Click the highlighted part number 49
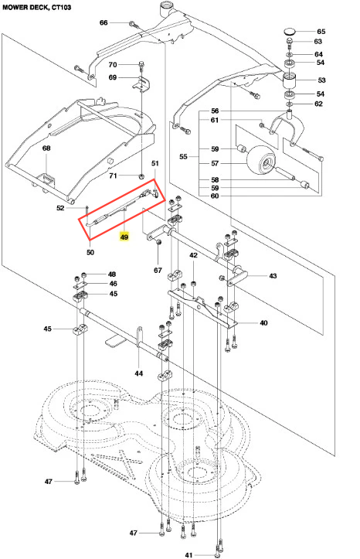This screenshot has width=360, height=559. coord(124,237)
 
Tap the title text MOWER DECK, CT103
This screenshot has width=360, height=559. coord(37,7)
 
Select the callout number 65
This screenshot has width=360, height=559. coord(321,32)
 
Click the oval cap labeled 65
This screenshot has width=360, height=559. coord(290,32)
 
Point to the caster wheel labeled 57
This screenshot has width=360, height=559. coord(262,162)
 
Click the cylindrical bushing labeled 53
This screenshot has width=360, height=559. coord(290,80)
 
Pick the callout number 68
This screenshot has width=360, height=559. coord(46,148)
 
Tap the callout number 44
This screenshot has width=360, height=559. coord(138,373)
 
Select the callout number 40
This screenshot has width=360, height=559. coord(263,323)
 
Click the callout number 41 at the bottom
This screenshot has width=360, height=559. coord(188,554)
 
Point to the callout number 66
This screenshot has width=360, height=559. coord(104,23)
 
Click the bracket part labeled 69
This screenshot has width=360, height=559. coord(141,84)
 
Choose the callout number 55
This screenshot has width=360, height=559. coord(183,156)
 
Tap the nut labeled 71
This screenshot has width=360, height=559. coord(141,176)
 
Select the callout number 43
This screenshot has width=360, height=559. coord(273,276)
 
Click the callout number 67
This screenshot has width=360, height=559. coord(158,271)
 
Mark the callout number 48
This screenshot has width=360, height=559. coord(112,274)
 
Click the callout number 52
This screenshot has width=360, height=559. coord(60,208)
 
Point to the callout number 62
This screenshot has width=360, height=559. coord(318,104)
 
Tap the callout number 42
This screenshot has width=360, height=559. coord(193,255)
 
